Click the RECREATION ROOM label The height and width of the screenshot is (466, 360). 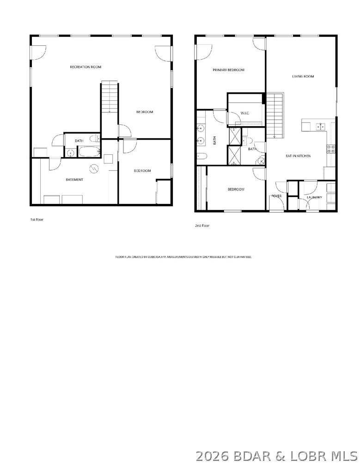(85, 67)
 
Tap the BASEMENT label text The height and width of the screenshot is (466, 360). (74, 179)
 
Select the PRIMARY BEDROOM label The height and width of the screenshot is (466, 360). (228, 70)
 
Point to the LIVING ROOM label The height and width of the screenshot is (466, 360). (303, 76)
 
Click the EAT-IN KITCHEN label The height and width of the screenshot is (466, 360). (298, 156)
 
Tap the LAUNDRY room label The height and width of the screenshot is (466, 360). (314, 197)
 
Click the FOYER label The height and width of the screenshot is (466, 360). (276, 196)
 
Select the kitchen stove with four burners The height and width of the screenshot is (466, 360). (331, 148)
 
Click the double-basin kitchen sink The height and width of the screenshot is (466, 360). (319, 126)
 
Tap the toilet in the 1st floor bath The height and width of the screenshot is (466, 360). (94, 138)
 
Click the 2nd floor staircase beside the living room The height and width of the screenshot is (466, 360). (275, 115)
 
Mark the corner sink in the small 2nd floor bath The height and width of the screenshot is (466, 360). (261, 161)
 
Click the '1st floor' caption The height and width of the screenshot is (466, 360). (37, 220)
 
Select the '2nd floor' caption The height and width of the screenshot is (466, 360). (202, 226)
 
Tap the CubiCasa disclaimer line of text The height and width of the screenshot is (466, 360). (183, 256)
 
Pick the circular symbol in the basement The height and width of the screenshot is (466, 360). (94, 168)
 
